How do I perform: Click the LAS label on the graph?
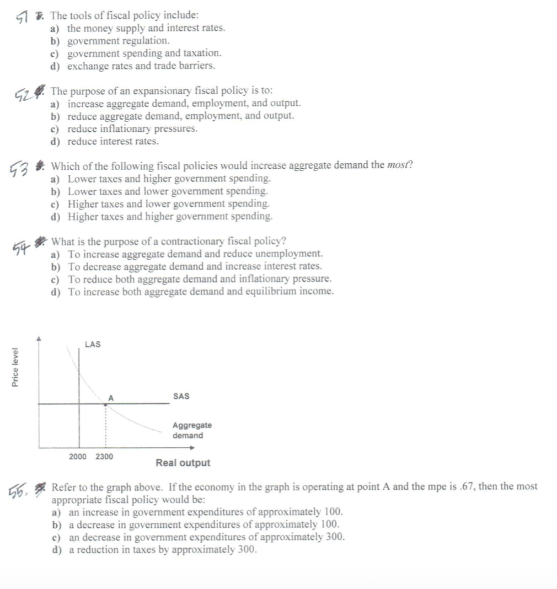(93, 345)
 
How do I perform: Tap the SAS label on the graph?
(181, 396)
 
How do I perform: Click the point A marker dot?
(106, 404)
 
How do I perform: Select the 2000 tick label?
(78, 457)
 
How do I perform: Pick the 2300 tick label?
(104, 457)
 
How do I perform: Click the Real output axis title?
(183, 463)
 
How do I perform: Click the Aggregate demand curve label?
(191, 430)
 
